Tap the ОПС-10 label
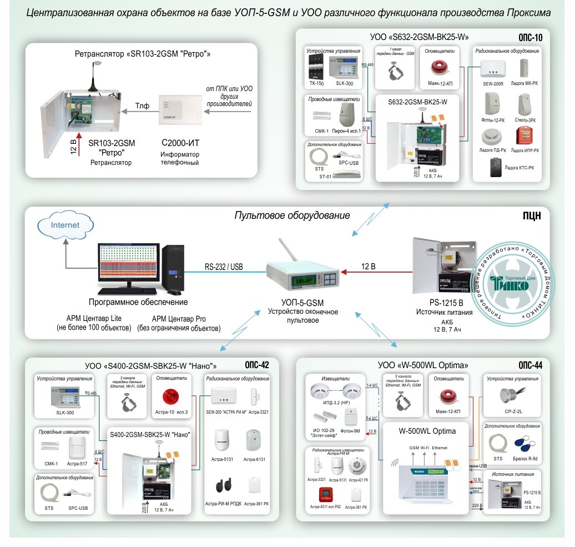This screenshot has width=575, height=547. click(x=529, y=37)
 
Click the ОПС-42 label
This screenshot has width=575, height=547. click(x=256, y=365)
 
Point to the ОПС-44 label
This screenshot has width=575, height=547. click(x=530, y=365)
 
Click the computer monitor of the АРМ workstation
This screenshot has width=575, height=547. click(x=128, y=267)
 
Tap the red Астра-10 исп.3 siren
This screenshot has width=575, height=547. click(x=169, y=398)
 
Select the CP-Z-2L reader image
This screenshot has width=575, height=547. click(x=510, y=395)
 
